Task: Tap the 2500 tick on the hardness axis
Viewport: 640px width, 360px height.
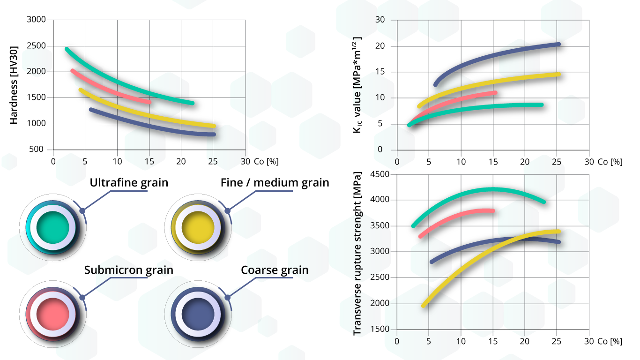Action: click(37, 46)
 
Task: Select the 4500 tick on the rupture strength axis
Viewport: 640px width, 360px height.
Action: click(380, 174)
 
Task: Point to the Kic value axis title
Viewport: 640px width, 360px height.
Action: click(358, 85)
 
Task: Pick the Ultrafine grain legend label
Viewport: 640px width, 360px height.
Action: click(129, 182)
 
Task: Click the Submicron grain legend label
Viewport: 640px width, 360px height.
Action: click(129, 270)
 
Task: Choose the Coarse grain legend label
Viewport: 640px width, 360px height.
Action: click(275, 270)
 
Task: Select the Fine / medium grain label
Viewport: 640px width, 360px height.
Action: click(275, 182)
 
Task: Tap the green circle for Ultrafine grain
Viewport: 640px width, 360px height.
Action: click(52, 227)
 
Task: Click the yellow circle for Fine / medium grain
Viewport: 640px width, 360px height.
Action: click(198, 227)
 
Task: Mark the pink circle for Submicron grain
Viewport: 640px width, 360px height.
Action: click(52, 314)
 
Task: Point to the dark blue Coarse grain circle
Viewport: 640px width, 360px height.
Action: click(198, 314)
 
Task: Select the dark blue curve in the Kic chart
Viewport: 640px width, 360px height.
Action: click(492, 56)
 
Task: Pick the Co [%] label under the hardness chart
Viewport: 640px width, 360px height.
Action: click(266, 161)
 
